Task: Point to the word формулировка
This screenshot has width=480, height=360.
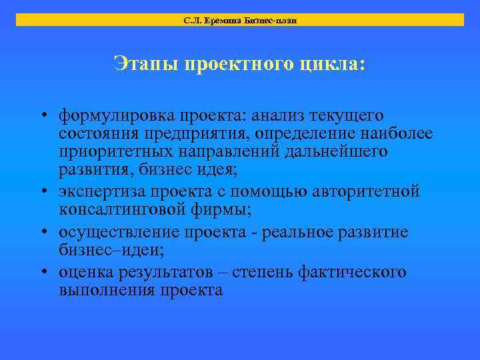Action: pos(113,117)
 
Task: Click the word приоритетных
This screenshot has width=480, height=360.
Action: pos(115,153)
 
